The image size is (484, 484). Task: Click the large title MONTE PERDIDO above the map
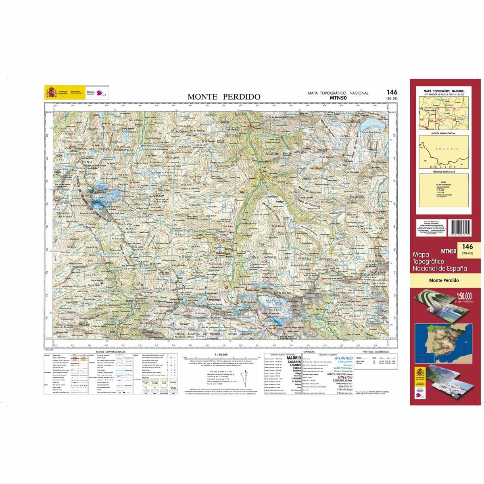tap(223, 97)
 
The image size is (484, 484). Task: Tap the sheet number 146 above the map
tap(391, 92)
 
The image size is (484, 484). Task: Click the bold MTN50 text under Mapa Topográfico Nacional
tap(338, 97)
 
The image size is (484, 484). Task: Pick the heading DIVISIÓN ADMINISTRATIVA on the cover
tap(443, 133)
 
